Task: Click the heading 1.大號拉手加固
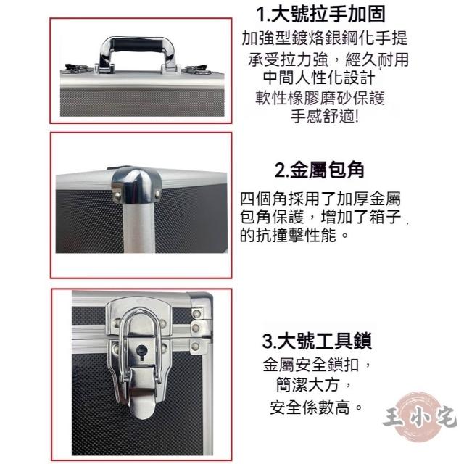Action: tap(320, 14)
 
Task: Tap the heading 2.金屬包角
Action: tap(319, 170)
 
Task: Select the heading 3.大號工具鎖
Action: tap(317, 341)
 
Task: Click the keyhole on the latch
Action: tap(142, 352)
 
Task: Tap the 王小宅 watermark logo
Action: tap(420, 418)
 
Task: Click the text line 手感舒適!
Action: tap(325, 116)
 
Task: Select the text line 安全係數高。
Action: tap(316, 407)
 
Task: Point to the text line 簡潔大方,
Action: tap(314, 385)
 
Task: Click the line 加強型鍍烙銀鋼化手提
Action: tap(325, 38)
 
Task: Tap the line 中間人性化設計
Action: tap(319, 78)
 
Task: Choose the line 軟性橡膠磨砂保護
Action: tap(320, 98)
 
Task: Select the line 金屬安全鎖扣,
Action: tap(317, 365)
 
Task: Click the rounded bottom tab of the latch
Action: tap(143, 407)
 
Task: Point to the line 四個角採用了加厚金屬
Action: tap(320, 199)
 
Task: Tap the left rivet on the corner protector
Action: tap(117, 194)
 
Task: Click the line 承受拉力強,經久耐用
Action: tap(328, 59)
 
